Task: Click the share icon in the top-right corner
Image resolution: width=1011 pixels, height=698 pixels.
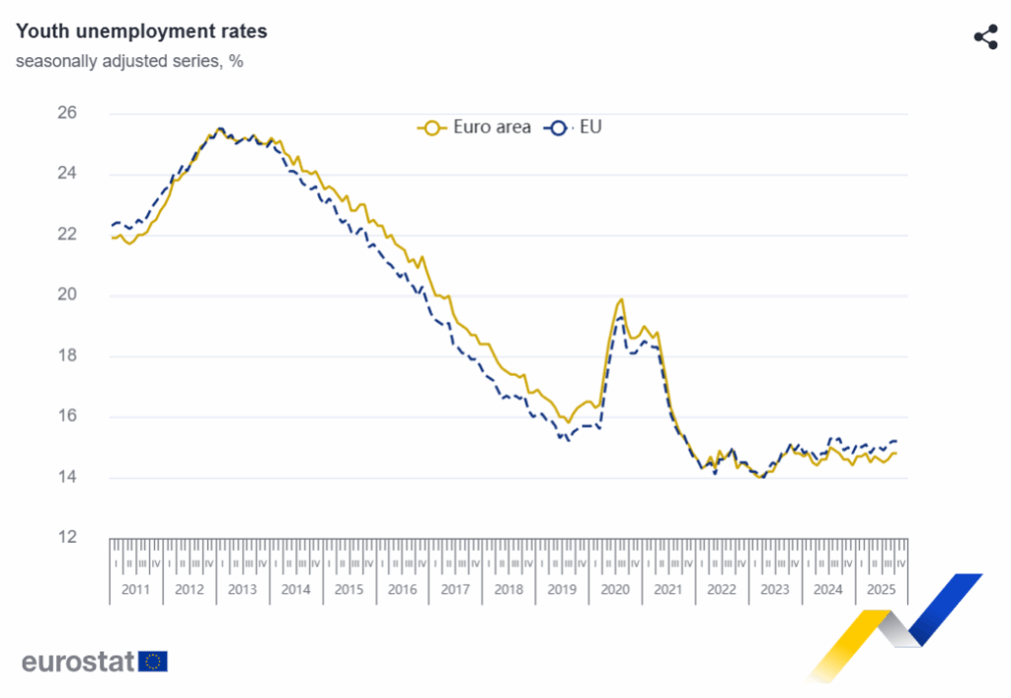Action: coord(985,38)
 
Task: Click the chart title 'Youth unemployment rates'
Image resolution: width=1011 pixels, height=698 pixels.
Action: coord(141,32)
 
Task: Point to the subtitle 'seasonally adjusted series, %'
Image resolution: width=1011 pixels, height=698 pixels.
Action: coord(129,61)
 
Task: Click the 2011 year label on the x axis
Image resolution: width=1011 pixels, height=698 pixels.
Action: coord(135,589)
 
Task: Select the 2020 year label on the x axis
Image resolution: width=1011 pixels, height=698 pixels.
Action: coord(614,589)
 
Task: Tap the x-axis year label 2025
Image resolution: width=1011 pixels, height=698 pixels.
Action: coord(881,589)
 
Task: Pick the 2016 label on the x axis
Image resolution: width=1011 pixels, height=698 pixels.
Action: coord(402,589)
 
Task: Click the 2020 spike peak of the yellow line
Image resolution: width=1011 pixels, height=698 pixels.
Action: coord(621,299)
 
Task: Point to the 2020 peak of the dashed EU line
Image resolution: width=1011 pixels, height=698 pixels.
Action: coord(620,317)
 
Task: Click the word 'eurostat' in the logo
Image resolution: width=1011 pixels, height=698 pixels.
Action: coord(77,661)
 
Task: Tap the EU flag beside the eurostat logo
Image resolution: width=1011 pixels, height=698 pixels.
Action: coord(153,661)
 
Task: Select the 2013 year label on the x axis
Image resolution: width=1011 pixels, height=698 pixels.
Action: coord(242,589)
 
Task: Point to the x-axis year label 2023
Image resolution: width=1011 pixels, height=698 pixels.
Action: coord(774,589)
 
